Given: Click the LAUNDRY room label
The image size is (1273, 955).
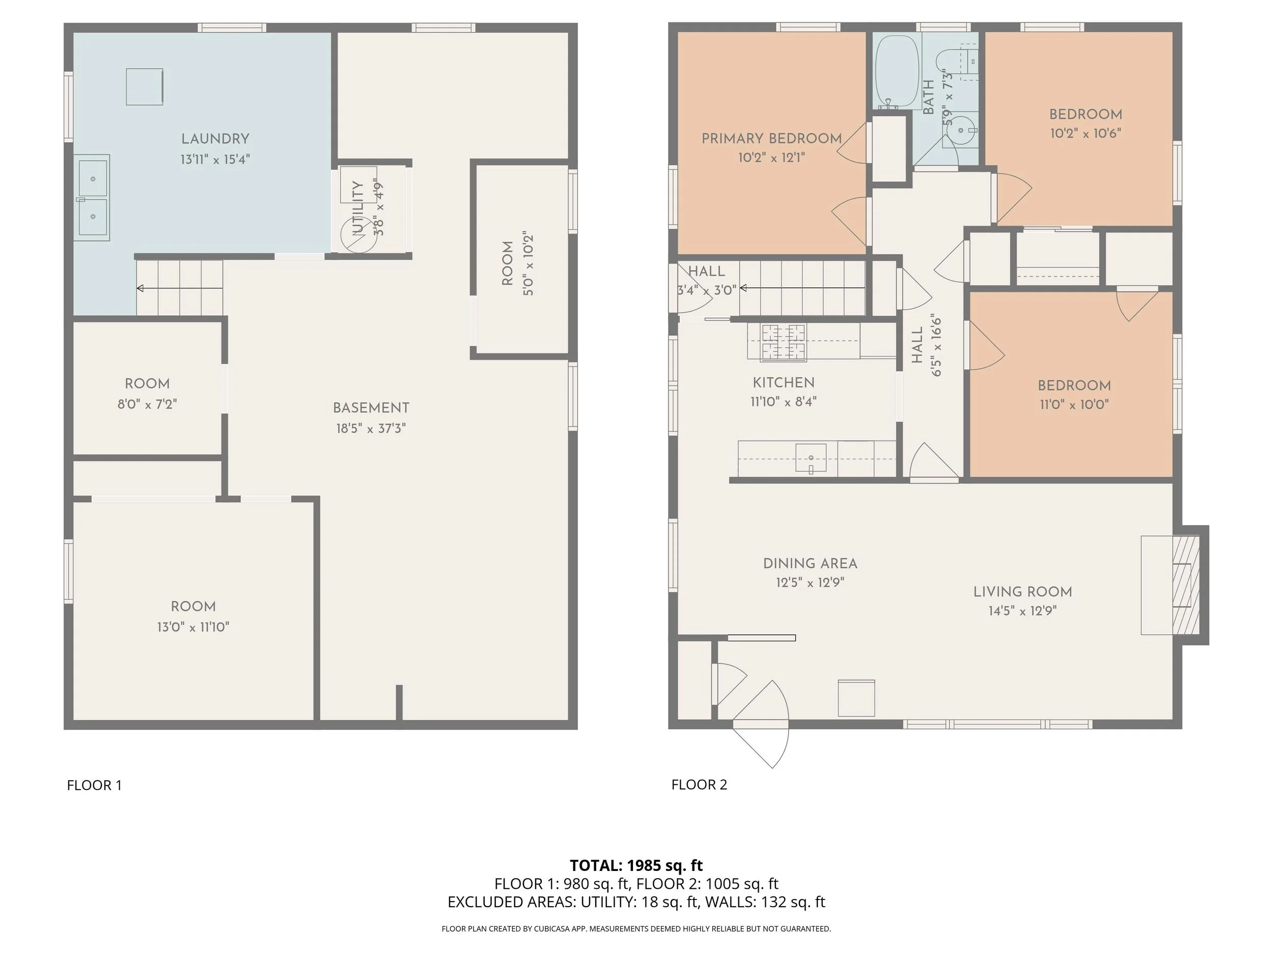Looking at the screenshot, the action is coord(215,139).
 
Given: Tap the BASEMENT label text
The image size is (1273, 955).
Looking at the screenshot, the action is coord(371,407).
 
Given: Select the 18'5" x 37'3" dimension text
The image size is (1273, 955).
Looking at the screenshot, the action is coord(371,428).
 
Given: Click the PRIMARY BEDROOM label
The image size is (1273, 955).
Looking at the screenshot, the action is coord(772,138).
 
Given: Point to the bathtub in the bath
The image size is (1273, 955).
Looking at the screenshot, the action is coord(897,72).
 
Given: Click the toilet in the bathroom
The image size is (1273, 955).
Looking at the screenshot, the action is coord(955,61).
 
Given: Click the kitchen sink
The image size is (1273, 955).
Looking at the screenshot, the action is coord(811,458).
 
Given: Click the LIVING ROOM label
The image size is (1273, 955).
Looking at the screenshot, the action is coord(1022,592).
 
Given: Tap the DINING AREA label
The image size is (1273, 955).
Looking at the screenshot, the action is coord(810,563).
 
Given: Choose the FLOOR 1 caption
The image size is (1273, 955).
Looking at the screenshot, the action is coord(94,785).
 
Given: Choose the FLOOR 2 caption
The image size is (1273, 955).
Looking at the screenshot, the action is coord(699,784).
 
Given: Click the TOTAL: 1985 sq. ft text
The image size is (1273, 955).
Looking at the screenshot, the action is coord(636,865).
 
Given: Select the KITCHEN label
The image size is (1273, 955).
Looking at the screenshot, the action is coord(784,383).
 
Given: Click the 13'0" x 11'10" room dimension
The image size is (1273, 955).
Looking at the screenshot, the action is coord(193,627).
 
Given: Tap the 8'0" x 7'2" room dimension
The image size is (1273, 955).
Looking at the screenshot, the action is coord(147,404).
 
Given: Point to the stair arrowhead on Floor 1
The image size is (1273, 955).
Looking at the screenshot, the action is coord(140,288).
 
